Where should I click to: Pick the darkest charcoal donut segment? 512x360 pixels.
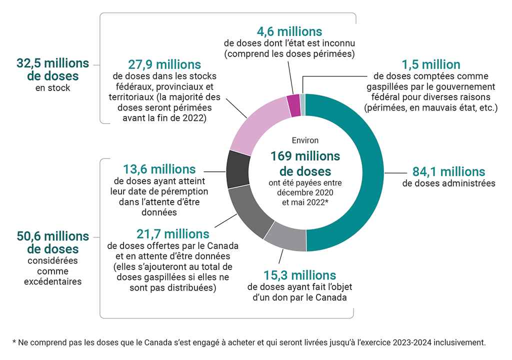pos(235,168)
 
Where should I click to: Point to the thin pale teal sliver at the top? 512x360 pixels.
pos(302,97)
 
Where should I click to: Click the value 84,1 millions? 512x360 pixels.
pos(448,171)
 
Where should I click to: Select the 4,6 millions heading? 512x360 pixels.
pos(289,31)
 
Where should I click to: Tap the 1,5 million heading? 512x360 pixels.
pos(431,64)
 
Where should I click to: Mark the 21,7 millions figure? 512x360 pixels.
pos(172,233)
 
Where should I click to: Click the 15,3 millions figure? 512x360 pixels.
pos(299,275)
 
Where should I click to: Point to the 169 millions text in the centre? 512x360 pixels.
pos(305,156)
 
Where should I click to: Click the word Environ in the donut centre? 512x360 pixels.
pos(305,141)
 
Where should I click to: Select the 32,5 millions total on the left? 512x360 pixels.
pos(52,63)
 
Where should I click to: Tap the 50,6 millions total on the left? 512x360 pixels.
pos(52,236)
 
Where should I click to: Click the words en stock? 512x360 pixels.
pos(52,88)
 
